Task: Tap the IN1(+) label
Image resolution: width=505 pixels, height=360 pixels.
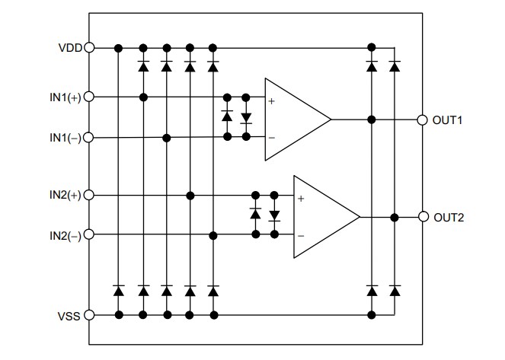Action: [66, 97]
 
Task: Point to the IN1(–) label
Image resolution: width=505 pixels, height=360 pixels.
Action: [66, 138]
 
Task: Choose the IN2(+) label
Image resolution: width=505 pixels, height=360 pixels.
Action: [66, 196]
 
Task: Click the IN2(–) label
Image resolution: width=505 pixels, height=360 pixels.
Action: [66, 234]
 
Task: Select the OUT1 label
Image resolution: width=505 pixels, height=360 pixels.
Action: [450, 120]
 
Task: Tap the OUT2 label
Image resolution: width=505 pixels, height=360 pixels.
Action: [450, 217]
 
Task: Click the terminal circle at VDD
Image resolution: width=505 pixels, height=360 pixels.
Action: [89, 47]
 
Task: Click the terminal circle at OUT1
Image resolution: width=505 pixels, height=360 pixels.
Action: [422, 120]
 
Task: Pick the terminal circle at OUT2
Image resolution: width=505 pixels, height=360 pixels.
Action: [422, 217]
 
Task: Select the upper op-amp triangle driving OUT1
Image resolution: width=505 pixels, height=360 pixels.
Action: [293, 119]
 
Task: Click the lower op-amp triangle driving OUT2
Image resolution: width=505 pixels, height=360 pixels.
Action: [322, 217]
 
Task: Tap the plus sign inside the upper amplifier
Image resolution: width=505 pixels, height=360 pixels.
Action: [272, 100]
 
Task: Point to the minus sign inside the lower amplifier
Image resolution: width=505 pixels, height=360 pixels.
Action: [301, 236]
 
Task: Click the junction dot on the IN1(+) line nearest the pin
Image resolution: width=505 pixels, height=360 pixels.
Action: [142, 97]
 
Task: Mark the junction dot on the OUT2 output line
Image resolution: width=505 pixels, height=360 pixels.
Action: [394, 217]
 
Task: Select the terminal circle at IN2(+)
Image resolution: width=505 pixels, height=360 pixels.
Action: [89, 196]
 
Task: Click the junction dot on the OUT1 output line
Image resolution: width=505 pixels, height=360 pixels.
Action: [371, 119]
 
